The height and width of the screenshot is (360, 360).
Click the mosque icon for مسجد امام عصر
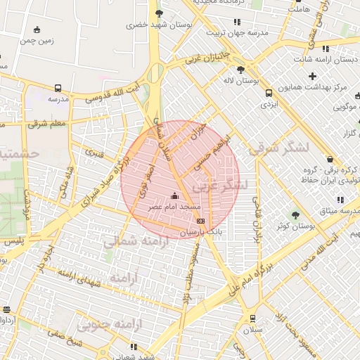pyautogui.click(x=175, y=195)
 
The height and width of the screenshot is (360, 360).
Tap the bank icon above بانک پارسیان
pyautogui.click(x=200, y=221)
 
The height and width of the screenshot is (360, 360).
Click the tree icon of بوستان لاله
pyautogui.click(x=241, y=70)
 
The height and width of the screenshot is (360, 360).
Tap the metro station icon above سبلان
pyautogui.click(x=252, y=318)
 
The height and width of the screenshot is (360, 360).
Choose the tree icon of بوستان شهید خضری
pyautogui.click(x=159, y=13)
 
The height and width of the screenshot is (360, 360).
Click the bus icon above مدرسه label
pyautogui.click(x=58, y=89)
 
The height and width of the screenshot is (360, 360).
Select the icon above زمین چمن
pyautogui.click(x=37, y=30)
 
